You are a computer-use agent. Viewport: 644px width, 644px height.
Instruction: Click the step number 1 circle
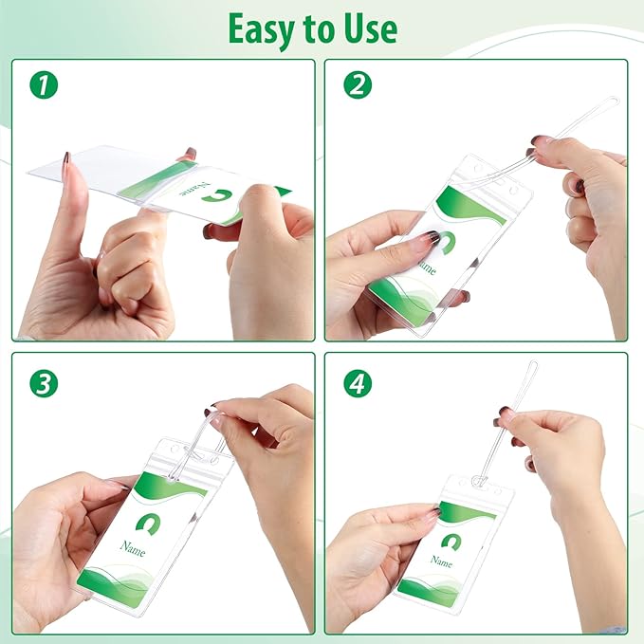[x=44, y=84]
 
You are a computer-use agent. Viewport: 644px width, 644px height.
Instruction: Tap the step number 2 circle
[x=358, y=84]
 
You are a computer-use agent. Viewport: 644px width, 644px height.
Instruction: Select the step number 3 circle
[x=44, y=383]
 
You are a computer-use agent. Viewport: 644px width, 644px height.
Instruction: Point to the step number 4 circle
[x=358, y=383]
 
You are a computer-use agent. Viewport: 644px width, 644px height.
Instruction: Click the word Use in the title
[x=371, y=28]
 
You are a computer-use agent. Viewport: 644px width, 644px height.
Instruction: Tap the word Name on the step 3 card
[x=133, y=548]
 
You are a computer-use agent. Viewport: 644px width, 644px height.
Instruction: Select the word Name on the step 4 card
[x=442, y=561]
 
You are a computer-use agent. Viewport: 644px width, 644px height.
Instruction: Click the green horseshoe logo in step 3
[x=148, y=524]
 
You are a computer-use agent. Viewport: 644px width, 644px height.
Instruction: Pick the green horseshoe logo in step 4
[x=451, y=542]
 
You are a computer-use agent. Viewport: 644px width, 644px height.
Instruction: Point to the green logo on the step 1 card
[x=217, y=195]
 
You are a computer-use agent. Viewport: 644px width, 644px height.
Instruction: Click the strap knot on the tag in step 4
[x=478, y=481]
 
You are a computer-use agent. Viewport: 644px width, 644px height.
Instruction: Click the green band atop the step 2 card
[x=470, y=204]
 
